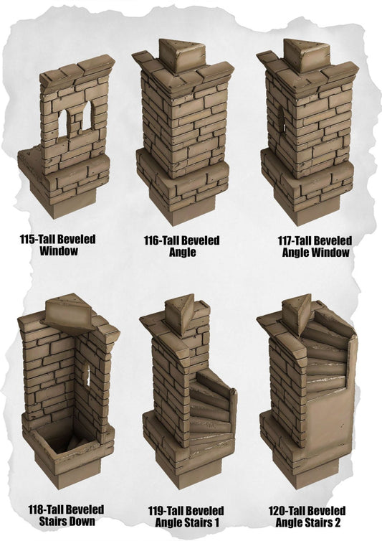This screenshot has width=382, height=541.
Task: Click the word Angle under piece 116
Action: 181,253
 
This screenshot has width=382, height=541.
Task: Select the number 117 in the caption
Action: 287,240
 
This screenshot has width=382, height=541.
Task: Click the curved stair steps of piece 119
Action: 211,409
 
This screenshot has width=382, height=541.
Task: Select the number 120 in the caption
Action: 279,510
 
